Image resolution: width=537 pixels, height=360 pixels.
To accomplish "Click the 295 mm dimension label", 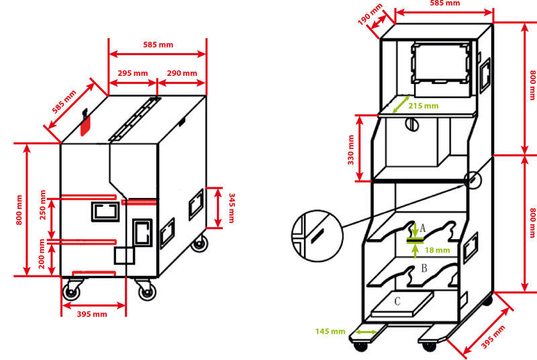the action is pos(132,73).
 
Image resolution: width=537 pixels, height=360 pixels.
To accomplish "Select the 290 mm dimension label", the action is pos(182,73).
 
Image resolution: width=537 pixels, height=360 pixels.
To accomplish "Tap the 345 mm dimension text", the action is pos(232,208).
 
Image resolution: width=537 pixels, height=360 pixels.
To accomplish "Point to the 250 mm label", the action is pos(43,204).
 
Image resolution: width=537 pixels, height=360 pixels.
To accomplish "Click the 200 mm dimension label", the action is pos(42,254).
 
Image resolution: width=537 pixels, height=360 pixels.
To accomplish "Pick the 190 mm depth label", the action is pos(370,14).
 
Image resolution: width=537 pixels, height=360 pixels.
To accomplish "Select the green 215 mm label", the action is pos(424,106).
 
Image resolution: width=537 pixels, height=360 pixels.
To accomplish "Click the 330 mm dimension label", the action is pos(350,150).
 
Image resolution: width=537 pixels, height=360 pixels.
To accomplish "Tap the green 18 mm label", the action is pos(438,250).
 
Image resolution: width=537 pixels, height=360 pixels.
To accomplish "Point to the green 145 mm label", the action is pos(330,331).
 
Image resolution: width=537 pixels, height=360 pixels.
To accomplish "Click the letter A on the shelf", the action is pos(423,228).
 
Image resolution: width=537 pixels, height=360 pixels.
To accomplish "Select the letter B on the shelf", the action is pos(424,268).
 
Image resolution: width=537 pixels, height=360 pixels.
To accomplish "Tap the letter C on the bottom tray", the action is pos(397,301).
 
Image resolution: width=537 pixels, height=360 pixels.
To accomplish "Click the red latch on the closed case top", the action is pos(85,123).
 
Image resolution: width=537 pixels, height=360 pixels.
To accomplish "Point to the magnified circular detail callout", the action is pos(317,236).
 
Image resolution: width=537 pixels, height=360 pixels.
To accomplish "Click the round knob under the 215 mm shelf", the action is pos(412,124).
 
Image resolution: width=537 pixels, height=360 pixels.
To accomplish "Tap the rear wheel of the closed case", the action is pos(199,244).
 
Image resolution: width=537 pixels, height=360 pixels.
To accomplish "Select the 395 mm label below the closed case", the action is pos(92,314).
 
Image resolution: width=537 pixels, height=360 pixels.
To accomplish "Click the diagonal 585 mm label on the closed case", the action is pos(64,101).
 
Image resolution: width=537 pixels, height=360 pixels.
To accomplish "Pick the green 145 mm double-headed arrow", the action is pos(366,332).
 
